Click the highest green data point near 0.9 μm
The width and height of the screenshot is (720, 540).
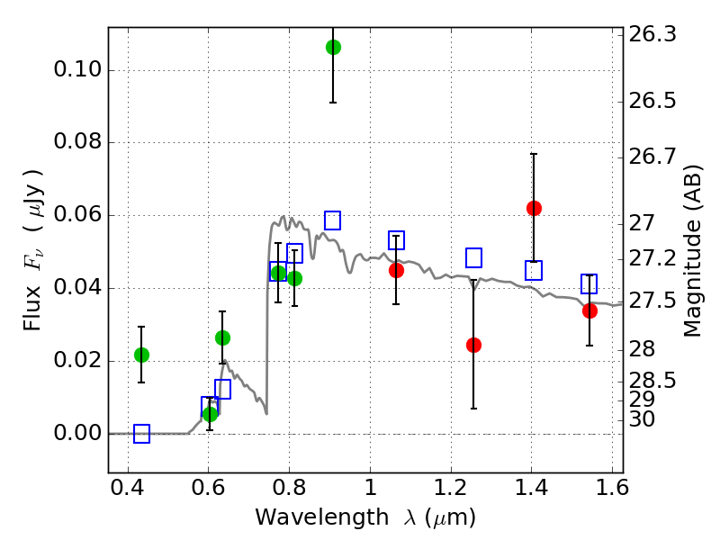coord(333,47)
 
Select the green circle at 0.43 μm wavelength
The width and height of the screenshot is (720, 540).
coord(141,355)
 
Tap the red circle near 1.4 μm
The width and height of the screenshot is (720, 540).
coord(534,208)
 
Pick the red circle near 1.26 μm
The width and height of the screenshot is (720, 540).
coord(473,345)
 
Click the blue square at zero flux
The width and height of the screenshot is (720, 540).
coord(141,434)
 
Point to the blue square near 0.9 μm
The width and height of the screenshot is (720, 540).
coord(332,220)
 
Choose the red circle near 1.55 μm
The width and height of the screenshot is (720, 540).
coord(589,310)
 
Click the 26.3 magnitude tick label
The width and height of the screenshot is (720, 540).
coord(654,34)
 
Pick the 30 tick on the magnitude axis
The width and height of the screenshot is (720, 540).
coord(644,418)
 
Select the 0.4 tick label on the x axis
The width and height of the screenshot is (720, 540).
coord(128,490)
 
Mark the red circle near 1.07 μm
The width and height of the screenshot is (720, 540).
coord(396,270)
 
